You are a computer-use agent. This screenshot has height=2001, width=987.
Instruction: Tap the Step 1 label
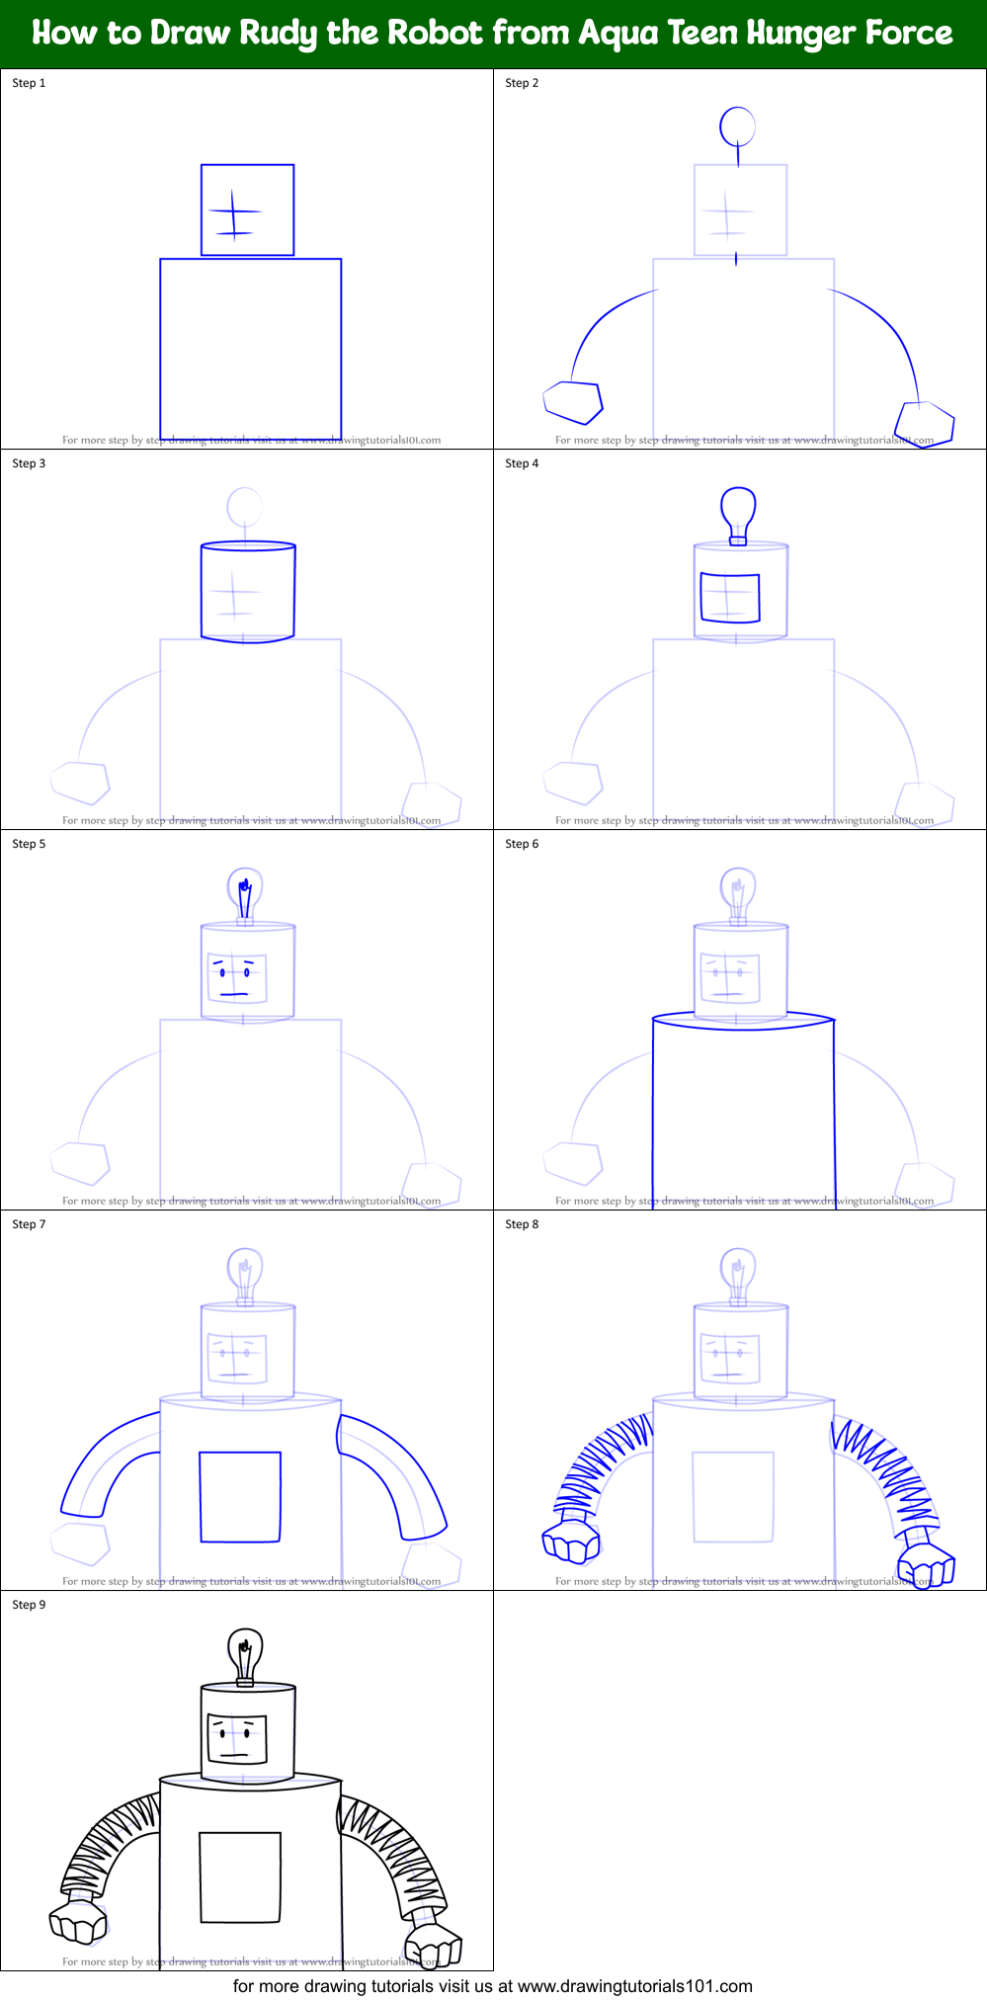click(29, 83)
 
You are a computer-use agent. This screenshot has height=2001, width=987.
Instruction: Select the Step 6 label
click(522, 844)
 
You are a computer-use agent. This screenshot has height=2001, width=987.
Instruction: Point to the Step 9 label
click(29, 1605)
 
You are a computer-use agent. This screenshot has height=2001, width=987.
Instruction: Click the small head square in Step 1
click(247, 210)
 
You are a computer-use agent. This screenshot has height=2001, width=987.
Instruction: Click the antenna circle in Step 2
click(737, 125)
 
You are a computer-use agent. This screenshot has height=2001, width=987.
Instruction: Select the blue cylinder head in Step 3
click(248, 592)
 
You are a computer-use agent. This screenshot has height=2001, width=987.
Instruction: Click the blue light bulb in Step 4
click(738, 511)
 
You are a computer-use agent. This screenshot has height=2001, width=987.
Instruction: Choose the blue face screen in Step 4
click(730, 598)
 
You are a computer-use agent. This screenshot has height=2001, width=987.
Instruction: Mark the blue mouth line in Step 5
click(234, 993)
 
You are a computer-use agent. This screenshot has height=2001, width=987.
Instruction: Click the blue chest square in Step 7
click(240, 1497)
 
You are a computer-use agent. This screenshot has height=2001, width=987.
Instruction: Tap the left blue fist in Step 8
click(571, 1542)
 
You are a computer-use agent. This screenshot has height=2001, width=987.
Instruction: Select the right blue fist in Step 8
click(926, 1566)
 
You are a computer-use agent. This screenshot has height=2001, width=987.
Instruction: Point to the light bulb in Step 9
click(244, 1652)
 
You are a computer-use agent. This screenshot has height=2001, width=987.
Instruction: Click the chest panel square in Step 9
click(240, 1877)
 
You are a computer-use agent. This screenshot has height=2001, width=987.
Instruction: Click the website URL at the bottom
click(634, 1986)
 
